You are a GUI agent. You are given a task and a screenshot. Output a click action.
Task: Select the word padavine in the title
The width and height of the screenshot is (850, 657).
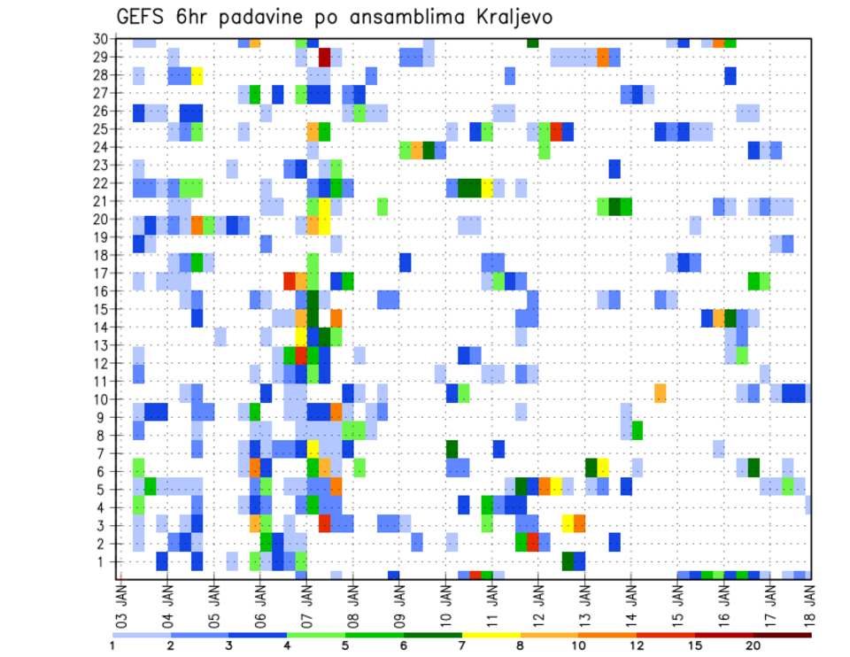tap(290, 17)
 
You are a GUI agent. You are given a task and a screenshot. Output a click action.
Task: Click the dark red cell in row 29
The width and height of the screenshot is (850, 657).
tap(324, 58)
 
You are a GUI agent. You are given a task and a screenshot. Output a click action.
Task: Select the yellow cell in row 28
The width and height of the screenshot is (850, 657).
tap(197, 75)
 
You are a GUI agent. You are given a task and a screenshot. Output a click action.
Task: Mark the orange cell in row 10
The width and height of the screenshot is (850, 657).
tap(661, 392)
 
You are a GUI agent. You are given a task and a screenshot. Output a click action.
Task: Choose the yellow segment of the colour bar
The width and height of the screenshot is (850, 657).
tap(491, 635)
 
